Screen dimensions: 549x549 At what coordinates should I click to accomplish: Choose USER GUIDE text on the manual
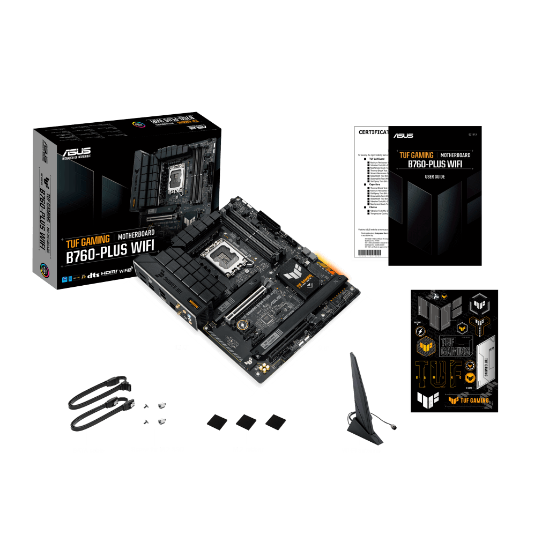click(x=435, y=176)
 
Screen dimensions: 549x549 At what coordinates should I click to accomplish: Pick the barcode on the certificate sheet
click(x=369, y=255)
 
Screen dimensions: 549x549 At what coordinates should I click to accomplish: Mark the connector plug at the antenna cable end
click(x=394, y=427)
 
